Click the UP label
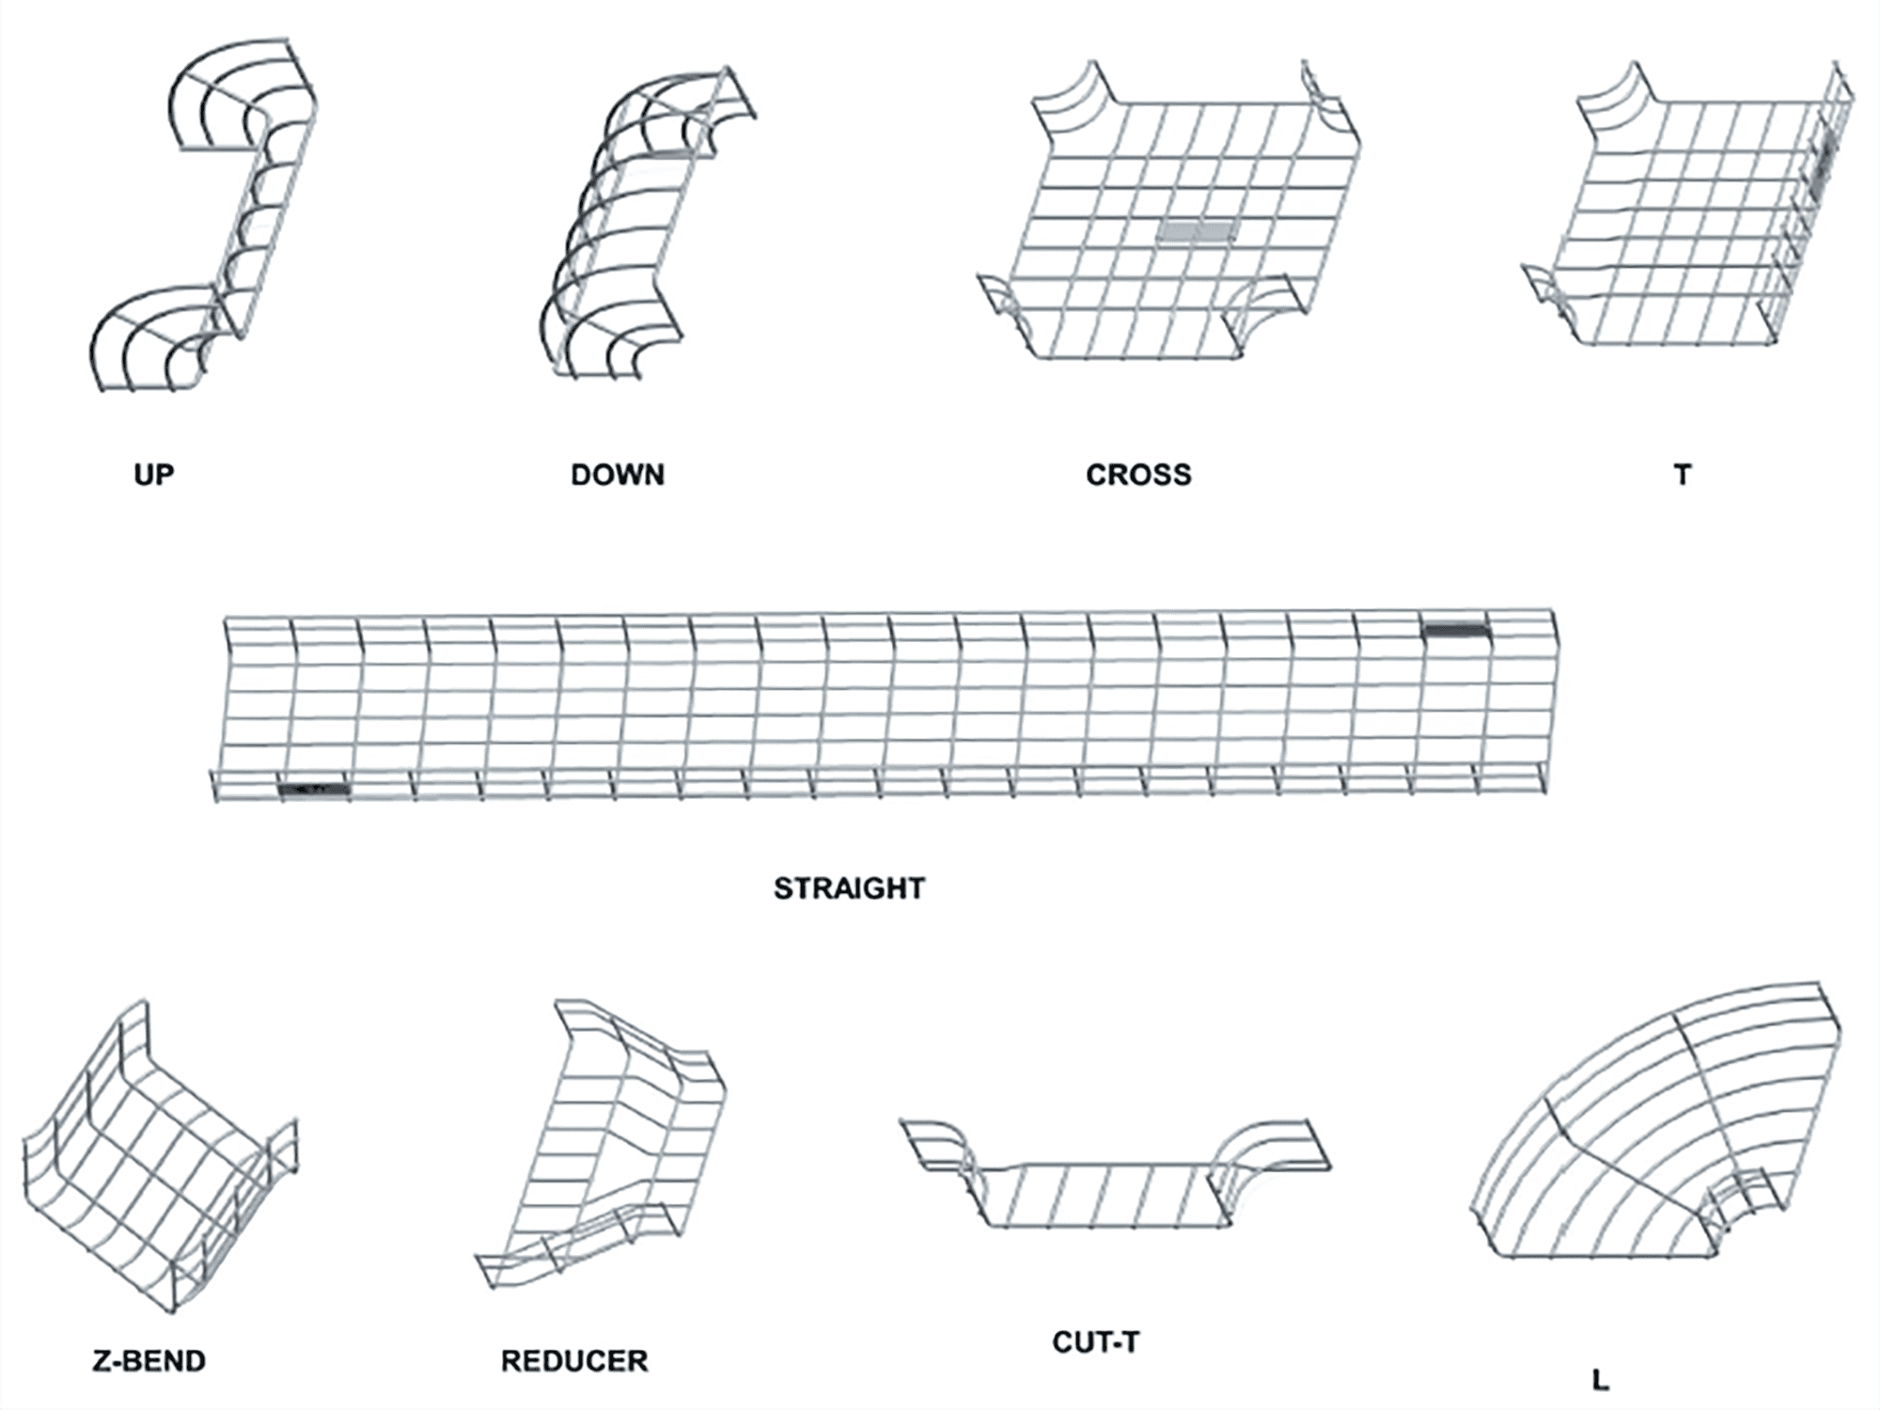point(154,475)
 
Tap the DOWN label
point(618,475)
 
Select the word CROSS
point(1138,475)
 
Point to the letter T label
point(1683,475)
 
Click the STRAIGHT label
point(849,888)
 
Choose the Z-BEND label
point(149,1360)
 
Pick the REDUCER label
point(574,1360)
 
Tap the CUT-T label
point(1096,1341)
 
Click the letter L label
point(1601,1380)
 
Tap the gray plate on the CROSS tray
point(1195,231)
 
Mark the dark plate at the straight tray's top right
point(1457,631)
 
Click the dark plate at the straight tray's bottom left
point(314,790)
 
